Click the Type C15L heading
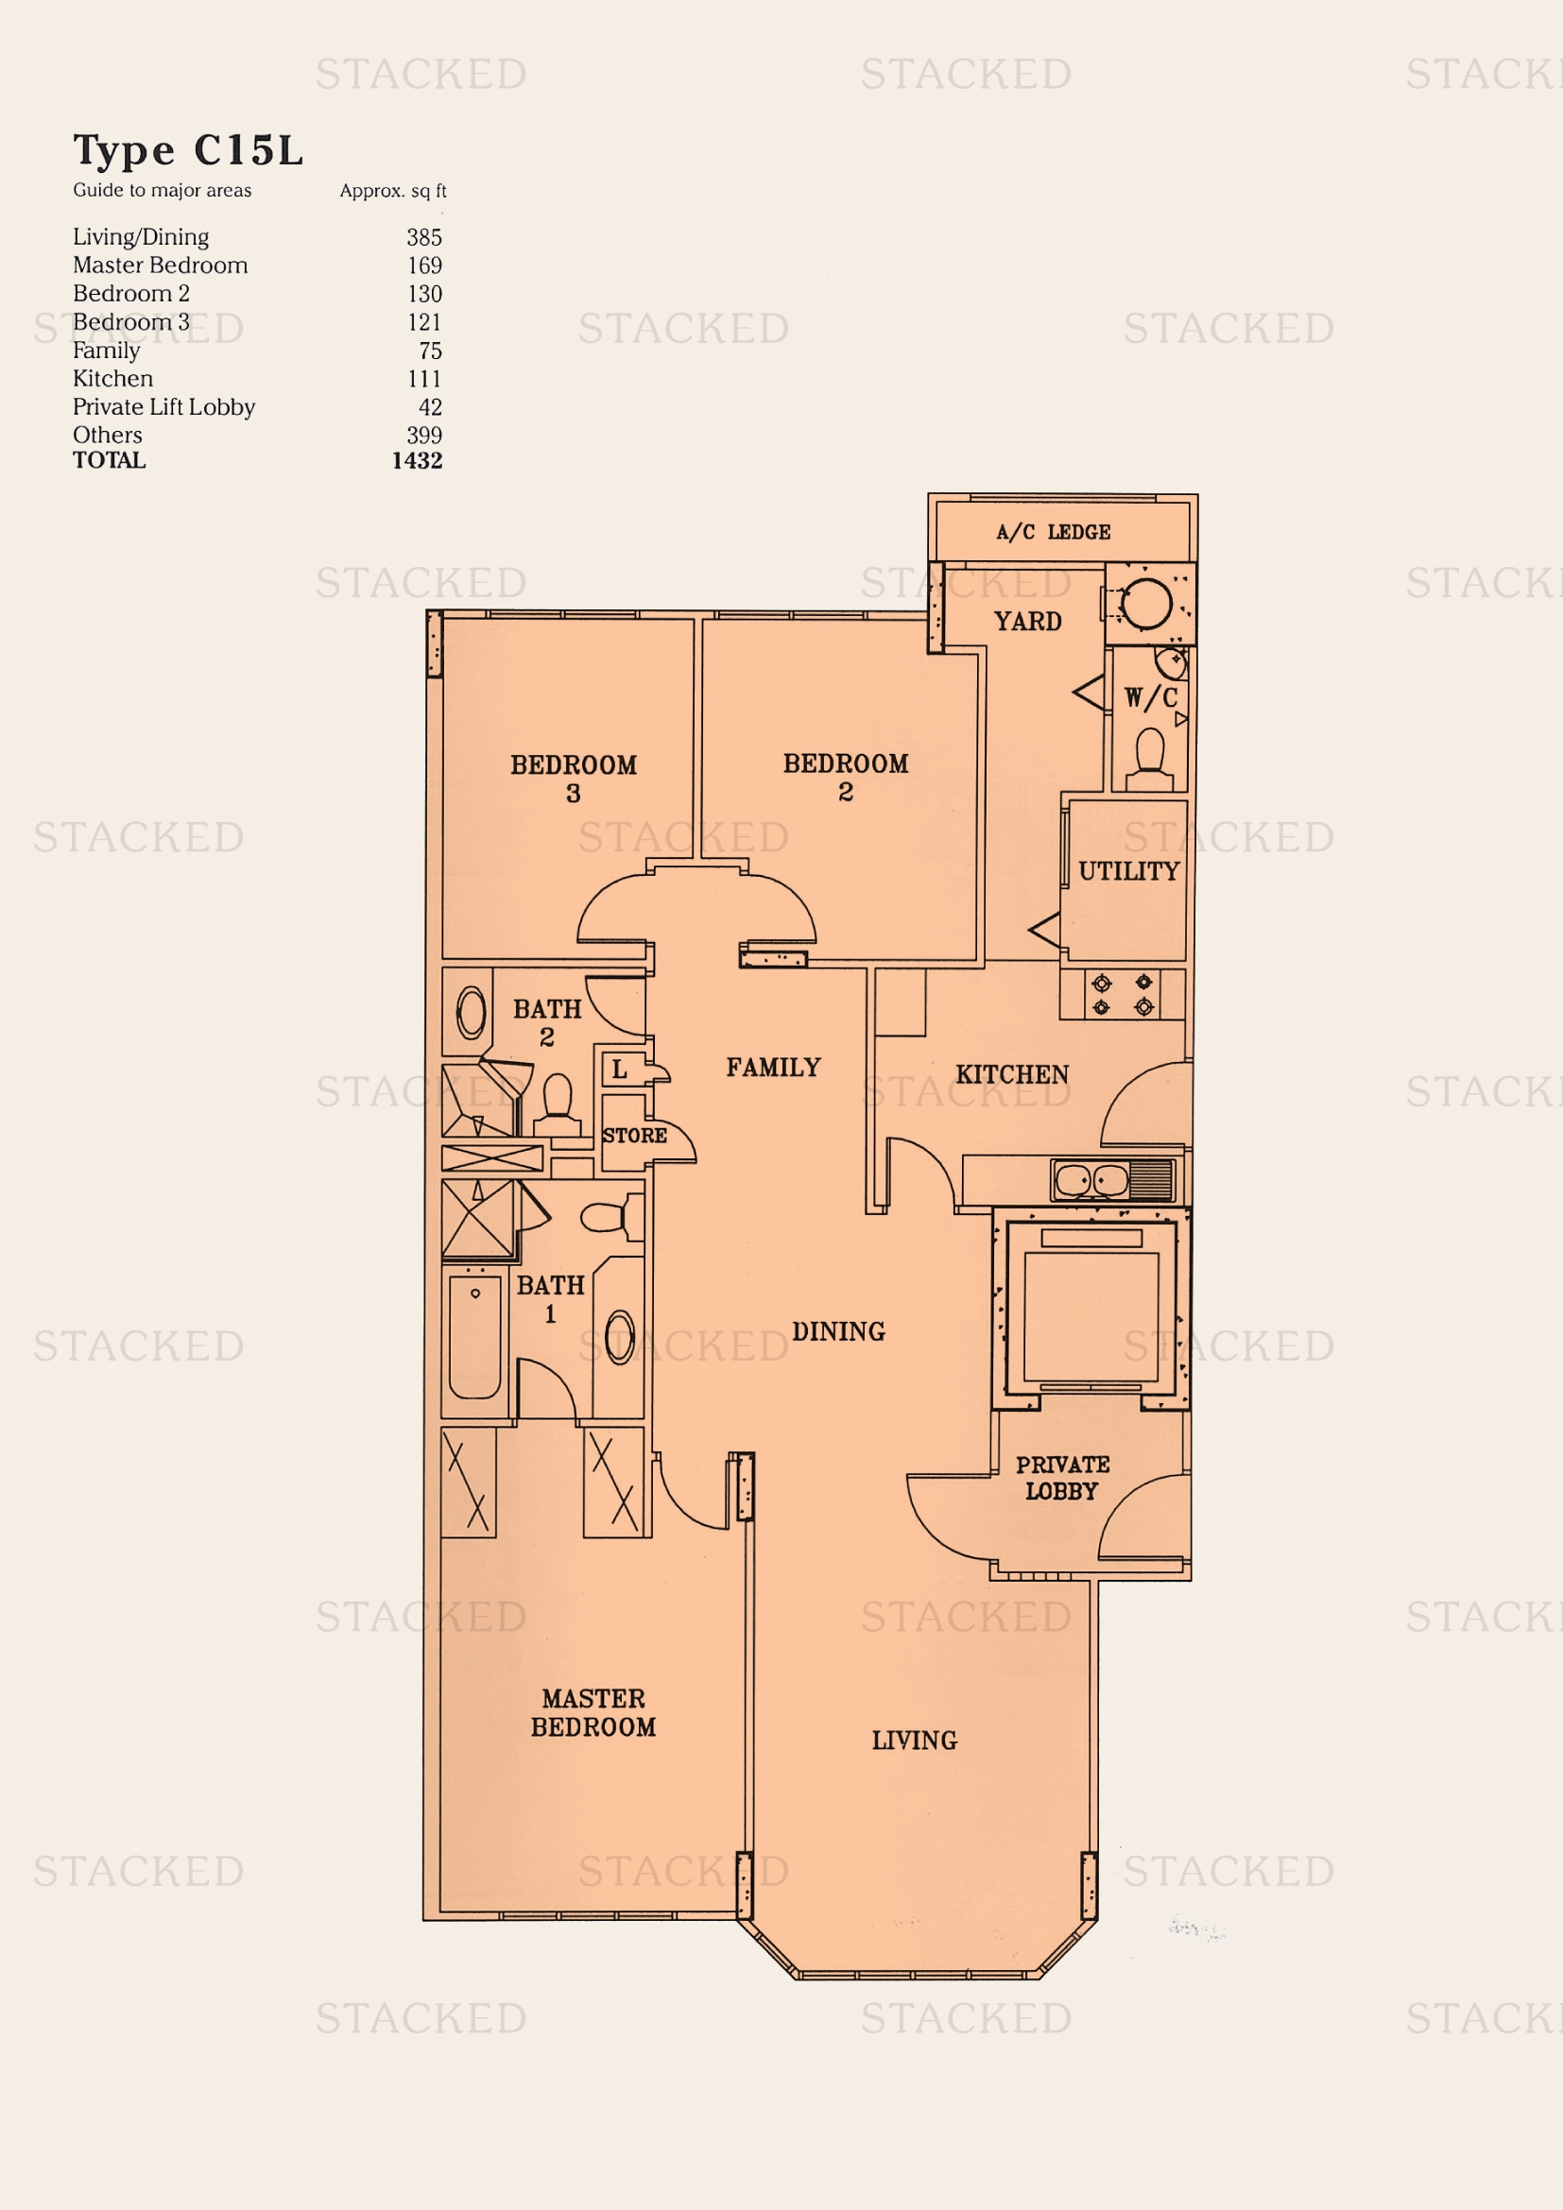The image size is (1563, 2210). [189, 150]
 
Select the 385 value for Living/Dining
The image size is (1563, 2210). [423, 237]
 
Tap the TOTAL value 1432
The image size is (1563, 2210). [417, 460]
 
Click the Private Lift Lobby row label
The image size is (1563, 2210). [163, 407]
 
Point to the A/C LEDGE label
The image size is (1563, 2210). [1053, 532]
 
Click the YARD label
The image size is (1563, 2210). [1028, 621]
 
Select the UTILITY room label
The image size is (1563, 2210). [1128, 871]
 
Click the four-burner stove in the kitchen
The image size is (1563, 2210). [1123, 994]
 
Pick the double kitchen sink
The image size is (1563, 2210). [1091, 1180]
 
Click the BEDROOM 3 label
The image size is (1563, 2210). [574, 779]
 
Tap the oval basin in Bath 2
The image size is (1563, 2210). [472, 1013]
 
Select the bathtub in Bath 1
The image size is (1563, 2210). [474, 1337]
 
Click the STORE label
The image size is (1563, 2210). [634, 1136]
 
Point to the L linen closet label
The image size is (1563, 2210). [620, 1070]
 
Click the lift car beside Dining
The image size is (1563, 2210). [1091, 1315]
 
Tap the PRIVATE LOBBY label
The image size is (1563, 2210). [1062, 1478]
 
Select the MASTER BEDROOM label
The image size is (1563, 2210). [593, 1712]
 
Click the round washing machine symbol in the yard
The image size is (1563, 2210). [1146, 605]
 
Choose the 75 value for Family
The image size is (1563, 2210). [429, 351]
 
